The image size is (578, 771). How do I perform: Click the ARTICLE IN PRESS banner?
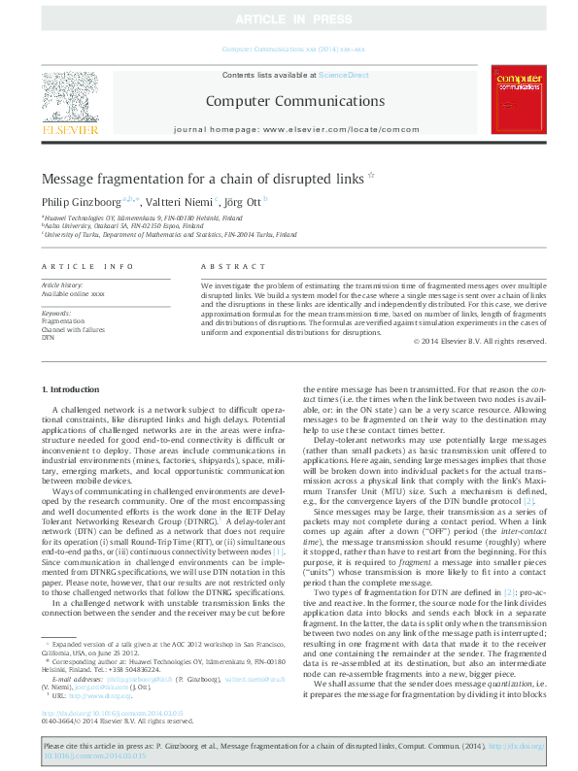289,19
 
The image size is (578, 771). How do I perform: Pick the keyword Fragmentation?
63,320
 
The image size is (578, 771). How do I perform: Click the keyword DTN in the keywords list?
48,336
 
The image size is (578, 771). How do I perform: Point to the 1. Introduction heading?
71,389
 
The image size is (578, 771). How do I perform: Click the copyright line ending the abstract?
479,341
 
